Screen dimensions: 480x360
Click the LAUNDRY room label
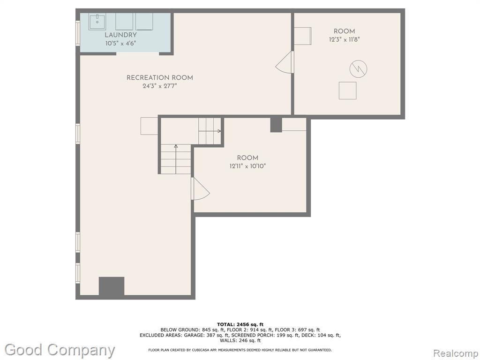click(120, 35)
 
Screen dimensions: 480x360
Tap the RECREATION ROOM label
click(160, 78)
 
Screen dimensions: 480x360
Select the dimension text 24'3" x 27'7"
click(160, 86)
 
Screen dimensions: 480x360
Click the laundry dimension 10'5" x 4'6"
click(120, 44)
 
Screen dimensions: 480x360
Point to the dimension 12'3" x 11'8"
click(345, 39)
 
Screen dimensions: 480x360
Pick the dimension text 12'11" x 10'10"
click(247, 166)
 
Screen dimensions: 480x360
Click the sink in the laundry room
click(97, 22)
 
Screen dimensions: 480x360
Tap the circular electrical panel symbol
click(358, 69)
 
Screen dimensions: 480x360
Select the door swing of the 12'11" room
click(200, 188)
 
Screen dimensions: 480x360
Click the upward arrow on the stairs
click(176, 159)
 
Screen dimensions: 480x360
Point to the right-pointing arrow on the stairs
click(210, 131)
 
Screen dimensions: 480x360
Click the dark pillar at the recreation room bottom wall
click(112, 286)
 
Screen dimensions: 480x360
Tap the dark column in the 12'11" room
click(276, 125)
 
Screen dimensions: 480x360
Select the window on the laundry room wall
click(78, 33)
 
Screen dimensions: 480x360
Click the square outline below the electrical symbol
click(347, 90)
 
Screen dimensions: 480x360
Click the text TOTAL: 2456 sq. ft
click(240, 324)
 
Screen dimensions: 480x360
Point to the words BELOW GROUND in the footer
click(180, 330)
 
